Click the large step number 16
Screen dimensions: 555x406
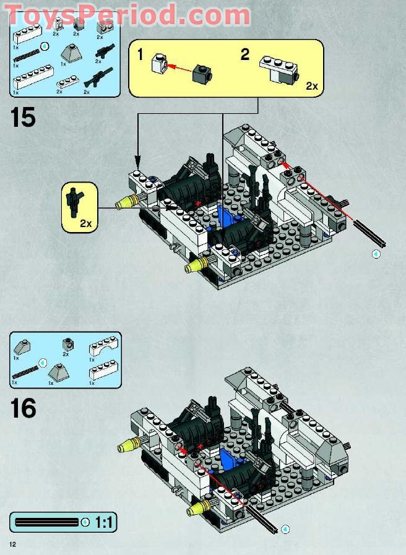click(24, 408)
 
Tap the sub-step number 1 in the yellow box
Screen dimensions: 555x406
click(140, 56)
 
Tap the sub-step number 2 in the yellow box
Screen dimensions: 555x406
click(245, 54)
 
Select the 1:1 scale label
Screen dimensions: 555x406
click(104, 523)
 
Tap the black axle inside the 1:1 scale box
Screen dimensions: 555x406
click(46, 522)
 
